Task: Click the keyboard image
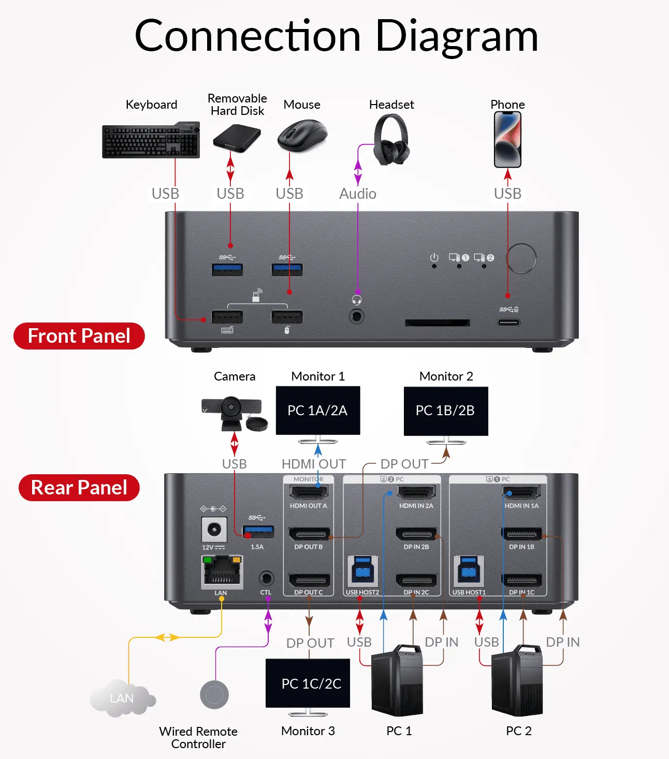click(151, 140)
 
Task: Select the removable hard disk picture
click(237, 138)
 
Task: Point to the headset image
click(391, 140)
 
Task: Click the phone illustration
click(507, 140)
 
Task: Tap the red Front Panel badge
click(79, 336)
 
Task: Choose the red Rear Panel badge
click(79, 488)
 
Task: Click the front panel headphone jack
click(356, 316)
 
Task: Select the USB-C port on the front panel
click(508, 323)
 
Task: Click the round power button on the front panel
click(521, 258)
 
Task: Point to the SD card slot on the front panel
click(438, 323)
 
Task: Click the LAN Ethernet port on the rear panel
click(222, 572)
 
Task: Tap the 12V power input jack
click(214, 530)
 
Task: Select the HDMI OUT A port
click(309, 492)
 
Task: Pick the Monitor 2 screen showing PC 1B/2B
click(446, 411)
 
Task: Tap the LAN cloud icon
click(122, 698)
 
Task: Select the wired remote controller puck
click(214, 694)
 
